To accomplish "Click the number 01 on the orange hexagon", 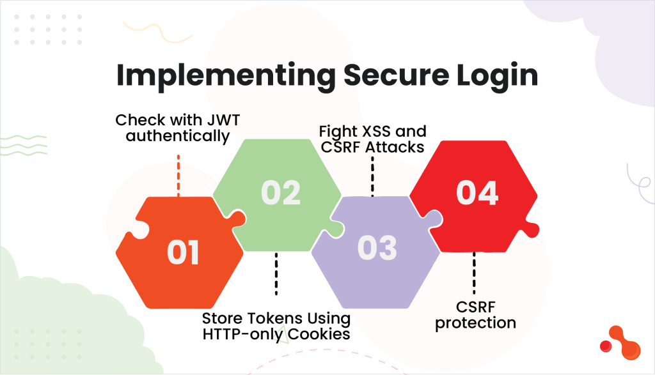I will click(x=184, y=253).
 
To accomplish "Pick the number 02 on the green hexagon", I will click(x=281, y=193).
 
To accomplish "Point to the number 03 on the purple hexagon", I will click(x=377, y=248).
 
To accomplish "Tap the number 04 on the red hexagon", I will click(x=477, y=193).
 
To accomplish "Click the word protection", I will click(x=475, y=323).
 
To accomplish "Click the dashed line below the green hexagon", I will click(x=276, y=273).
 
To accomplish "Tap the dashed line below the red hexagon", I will click(x=475, y=273).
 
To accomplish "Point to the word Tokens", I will click(x=271, y=318).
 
